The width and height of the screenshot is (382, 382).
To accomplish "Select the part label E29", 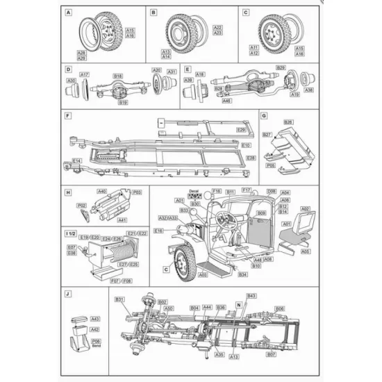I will (241, 130).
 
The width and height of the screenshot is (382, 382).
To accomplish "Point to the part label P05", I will (269, 167).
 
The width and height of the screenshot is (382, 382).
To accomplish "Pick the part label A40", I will (102, 191).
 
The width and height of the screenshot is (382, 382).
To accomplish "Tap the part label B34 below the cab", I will (242, 275).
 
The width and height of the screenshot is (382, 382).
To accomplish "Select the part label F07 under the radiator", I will (115, 281).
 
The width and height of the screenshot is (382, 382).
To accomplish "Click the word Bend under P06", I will (96, 347).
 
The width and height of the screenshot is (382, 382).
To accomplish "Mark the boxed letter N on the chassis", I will (238, 304).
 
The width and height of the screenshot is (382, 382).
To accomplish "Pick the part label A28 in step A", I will (81, 52).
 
